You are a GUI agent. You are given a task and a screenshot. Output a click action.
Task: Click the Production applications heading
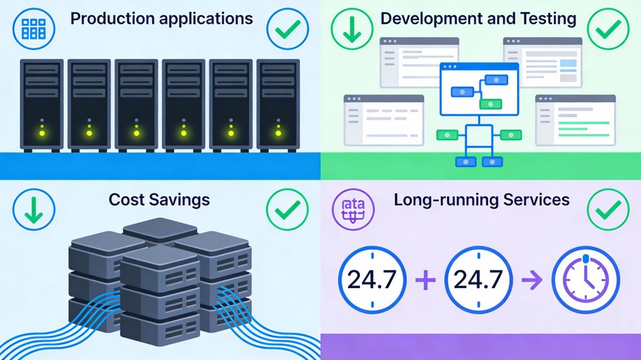click(x=162, y=18)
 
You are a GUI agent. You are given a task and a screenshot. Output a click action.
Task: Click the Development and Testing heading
click(x=478, y=18)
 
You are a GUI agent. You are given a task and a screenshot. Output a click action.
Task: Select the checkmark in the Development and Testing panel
click(x=610, y=28)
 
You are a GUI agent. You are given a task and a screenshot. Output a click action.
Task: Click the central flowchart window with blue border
click(x=479, y=90)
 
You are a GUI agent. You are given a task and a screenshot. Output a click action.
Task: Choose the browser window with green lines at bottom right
click(x=575, y=120)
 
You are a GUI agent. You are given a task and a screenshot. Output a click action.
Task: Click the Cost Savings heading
click(x=159, y=200)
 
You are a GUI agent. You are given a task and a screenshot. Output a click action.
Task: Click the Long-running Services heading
click(x=481, y=200)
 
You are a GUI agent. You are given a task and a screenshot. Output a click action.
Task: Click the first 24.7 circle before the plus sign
click(x=372, y=280)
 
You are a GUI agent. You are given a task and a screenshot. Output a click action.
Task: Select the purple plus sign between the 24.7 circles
click(x=425, y=280)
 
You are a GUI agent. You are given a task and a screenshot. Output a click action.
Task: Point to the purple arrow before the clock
click(x=533, y=280)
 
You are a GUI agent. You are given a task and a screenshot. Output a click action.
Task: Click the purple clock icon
click(x=585, y=280)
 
